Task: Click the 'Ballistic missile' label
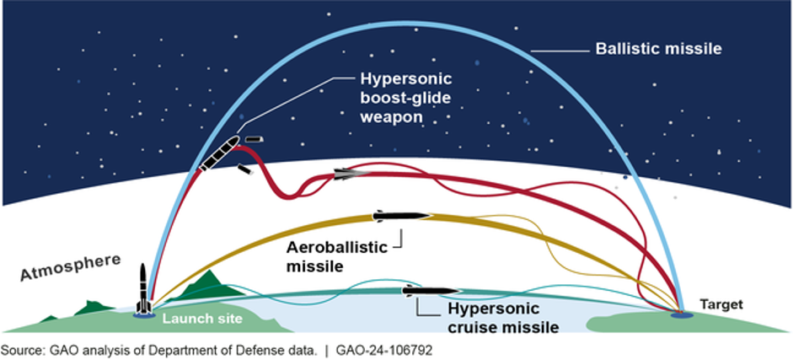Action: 658,50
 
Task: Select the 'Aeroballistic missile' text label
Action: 336,256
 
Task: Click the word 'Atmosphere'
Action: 72,267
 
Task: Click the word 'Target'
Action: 721,305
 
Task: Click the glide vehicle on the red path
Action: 352,174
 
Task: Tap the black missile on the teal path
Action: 431,291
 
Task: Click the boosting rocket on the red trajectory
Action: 218,153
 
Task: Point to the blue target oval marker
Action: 680,315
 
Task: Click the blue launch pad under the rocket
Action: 143,315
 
